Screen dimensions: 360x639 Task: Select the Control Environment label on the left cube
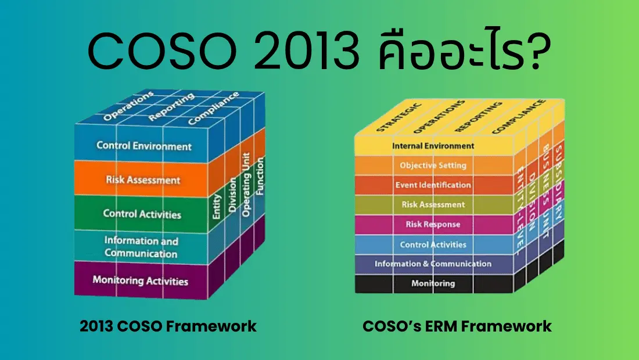(144, 146)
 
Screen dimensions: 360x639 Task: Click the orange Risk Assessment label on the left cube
(143, 180)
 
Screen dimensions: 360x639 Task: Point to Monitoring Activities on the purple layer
(141, 281)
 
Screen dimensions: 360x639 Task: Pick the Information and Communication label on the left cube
(141, 247)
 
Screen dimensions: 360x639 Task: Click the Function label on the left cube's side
(260, 177)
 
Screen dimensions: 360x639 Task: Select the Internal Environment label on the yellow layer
(433, 146)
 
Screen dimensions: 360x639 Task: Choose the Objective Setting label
(433, 165)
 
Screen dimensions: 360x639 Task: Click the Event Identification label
(433, 185)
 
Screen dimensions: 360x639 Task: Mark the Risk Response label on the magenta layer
(433, 225)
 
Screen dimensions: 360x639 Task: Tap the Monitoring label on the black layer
(433, 284)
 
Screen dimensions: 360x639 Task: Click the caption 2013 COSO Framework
(168, 326)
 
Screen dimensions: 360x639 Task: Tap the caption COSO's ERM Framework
(457, 326)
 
